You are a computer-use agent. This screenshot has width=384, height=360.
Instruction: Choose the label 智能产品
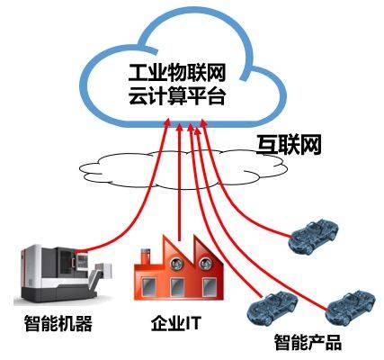(308, 342)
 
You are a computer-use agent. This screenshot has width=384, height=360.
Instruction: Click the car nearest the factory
(267, 305)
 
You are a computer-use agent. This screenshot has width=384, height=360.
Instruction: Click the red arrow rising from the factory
(180, 180)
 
